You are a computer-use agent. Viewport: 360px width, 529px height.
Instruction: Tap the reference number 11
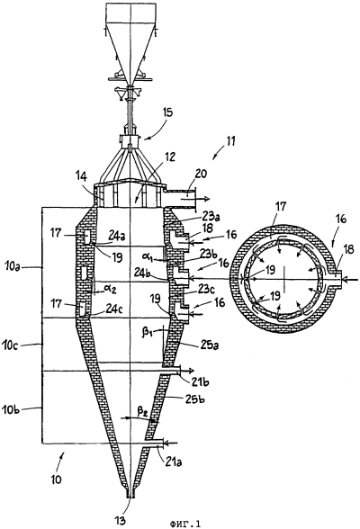pyautogui.click(x=229, y=140)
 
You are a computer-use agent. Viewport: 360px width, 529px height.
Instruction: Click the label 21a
pyautogui.click(x=174, y=461)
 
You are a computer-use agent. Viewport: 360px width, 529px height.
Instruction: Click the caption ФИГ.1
pyautogui.click(x=184, y=524)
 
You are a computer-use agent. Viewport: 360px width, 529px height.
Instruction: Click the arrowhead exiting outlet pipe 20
pyautogui.click(x=205, y=198)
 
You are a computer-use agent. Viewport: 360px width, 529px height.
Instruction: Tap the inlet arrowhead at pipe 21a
pyautogui.click(x=167, y=442)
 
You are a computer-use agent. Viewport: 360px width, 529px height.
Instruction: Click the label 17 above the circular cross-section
pyautogui.click(x=282, y=205)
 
